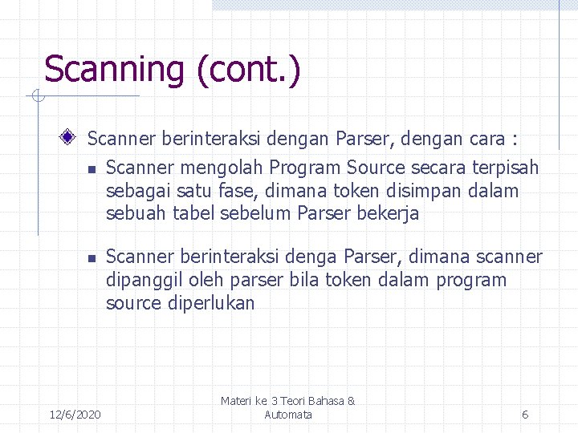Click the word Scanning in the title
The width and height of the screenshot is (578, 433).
coord(116,69)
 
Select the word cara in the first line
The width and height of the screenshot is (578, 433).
coord(486,139)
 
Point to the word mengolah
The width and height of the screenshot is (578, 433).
coord(212,168)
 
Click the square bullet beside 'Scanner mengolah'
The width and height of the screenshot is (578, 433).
coord(92,169)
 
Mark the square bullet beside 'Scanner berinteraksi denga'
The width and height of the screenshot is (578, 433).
coord(92,258)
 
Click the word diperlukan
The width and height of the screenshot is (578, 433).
coord(212,303)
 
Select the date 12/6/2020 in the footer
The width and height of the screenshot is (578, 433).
coord(75,415)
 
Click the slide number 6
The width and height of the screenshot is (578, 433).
coord(525,415)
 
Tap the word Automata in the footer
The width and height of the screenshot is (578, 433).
coord(288,415)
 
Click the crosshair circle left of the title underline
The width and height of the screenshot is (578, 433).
coord(35,97)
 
